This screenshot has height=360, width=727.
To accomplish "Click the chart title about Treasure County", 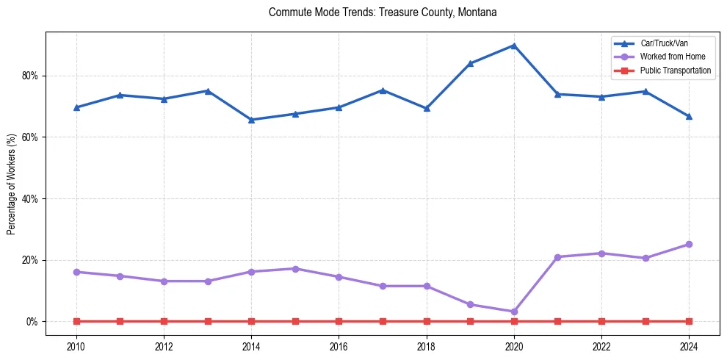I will click(383, 12).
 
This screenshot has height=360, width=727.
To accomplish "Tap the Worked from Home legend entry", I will click(672, 57).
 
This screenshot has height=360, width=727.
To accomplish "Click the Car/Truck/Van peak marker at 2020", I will click(514, 46).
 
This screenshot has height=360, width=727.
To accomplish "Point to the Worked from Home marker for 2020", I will click(514, 312).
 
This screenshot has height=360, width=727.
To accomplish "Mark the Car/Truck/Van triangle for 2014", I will click(251, 120).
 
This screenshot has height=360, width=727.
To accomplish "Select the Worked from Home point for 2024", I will click(689, 244).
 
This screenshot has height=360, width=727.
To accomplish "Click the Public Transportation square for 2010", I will click(76, 321).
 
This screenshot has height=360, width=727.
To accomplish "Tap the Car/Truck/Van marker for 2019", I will click(470, 63).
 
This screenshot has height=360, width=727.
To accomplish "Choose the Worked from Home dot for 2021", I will click(557, 257).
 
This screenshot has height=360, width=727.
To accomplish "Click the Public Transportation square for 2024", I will click(689, 321).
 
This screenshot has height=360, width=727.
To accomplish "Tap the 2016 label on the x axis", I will click(339, 346).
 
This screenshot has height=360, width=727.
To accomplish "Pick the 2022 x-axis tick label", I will click(601, 346).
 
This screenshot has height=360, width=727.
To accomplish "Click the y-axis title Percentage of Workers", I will click(11, 184).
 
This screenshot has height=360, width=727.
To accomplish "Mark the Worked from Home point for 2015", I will click(295, 269).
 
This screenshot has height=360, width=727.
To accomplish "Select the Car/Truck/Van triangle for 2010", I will click(76, 107).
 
